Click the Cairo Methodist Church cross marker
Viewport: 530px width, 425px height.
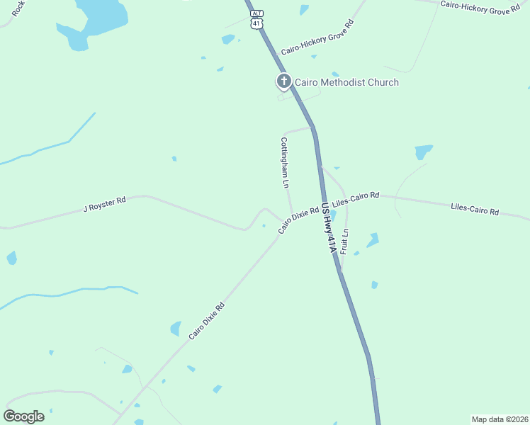283,81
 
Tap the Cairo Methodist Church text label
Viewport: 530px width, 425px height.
347,82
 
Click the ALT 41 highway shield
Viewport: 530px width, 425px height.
256,20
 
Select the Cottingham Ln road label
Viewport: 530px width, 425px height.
285,162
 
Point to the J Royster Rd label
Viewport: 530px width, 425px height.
104,205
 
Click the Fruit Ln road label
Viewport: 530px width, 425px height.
345,242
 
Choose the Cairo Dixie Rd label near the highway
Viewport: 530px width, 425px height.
298,220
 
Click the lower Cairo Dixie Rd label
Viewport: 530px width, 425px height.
206,321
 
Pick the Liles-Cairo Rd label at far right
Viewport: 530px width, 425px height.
475,210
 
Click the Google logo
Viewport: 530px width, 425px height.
23,416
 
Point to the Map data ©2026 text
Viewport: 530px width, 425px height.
499,419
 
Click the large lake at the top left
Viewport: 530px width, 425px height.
96,18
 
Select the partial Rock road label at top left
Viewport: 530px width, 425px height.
18,7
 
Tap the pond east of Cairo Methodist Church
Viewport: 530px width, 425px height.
424,152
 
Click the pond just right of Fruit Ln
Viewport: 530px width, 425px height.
372,240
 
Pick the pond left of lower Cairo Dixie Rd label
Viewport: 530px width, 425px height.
175,329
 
